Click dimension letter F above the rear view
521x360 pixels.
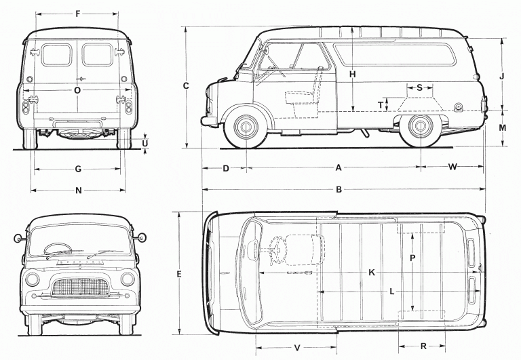point(78,13)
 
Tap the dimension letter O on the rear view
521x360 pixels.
point(77,89)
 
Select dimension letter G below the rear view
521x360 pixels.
point(78,169)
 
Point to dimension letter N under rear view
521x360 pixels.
point(78,191)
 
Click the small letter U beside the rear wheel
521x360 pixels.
point(145,142)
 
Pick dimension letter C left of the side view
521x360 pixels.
point(186,85)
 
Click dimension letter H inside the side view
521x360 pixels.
point(353,74)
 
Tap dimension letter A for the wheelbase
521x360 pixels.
point(337,167)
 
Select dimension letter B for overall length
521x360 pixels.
point(339,189)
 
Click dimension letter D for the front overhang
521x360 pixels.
point(226,167)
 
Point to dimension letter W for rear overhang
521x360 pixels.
point(452,167)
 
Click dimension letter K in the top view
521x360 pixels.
point(372,272)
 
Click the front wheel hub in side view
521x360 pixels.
point(246,127)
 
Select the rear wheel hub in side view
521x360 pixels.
point(420,127)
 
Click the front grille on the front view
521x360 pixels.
point(81,287)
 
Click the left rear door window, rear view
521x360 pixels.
point(56,56)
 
